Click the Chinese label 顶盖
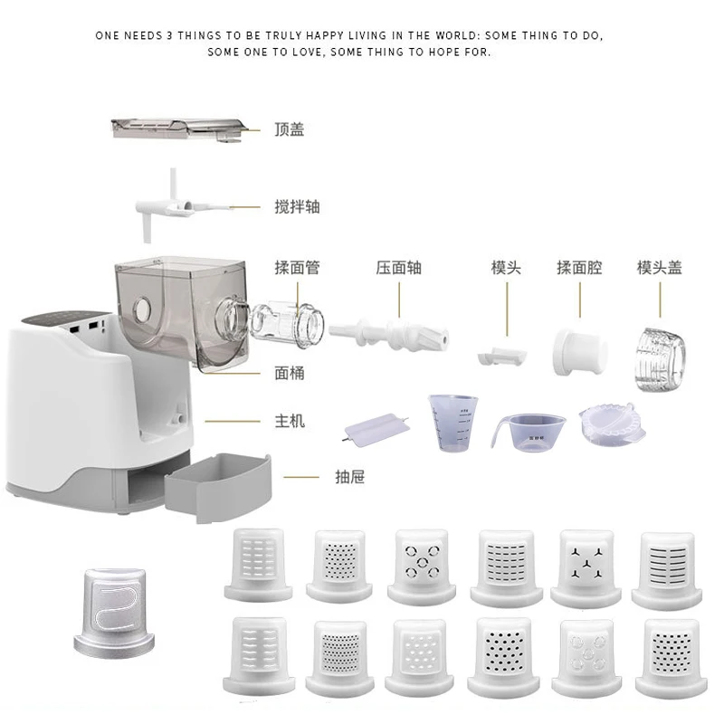pyautogui.click(x=290, y=129)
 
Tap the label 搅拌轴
pyautogui.click(x=297, y=207)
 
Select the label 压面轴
pyautogui.click(x=399, y=268)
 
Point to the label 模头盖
pyautogui.click(x=659, y=268)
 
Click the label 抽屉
pyautogui.click(x=349, y=476)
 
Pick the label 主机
pyautogui.click(x=290, y=421)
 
